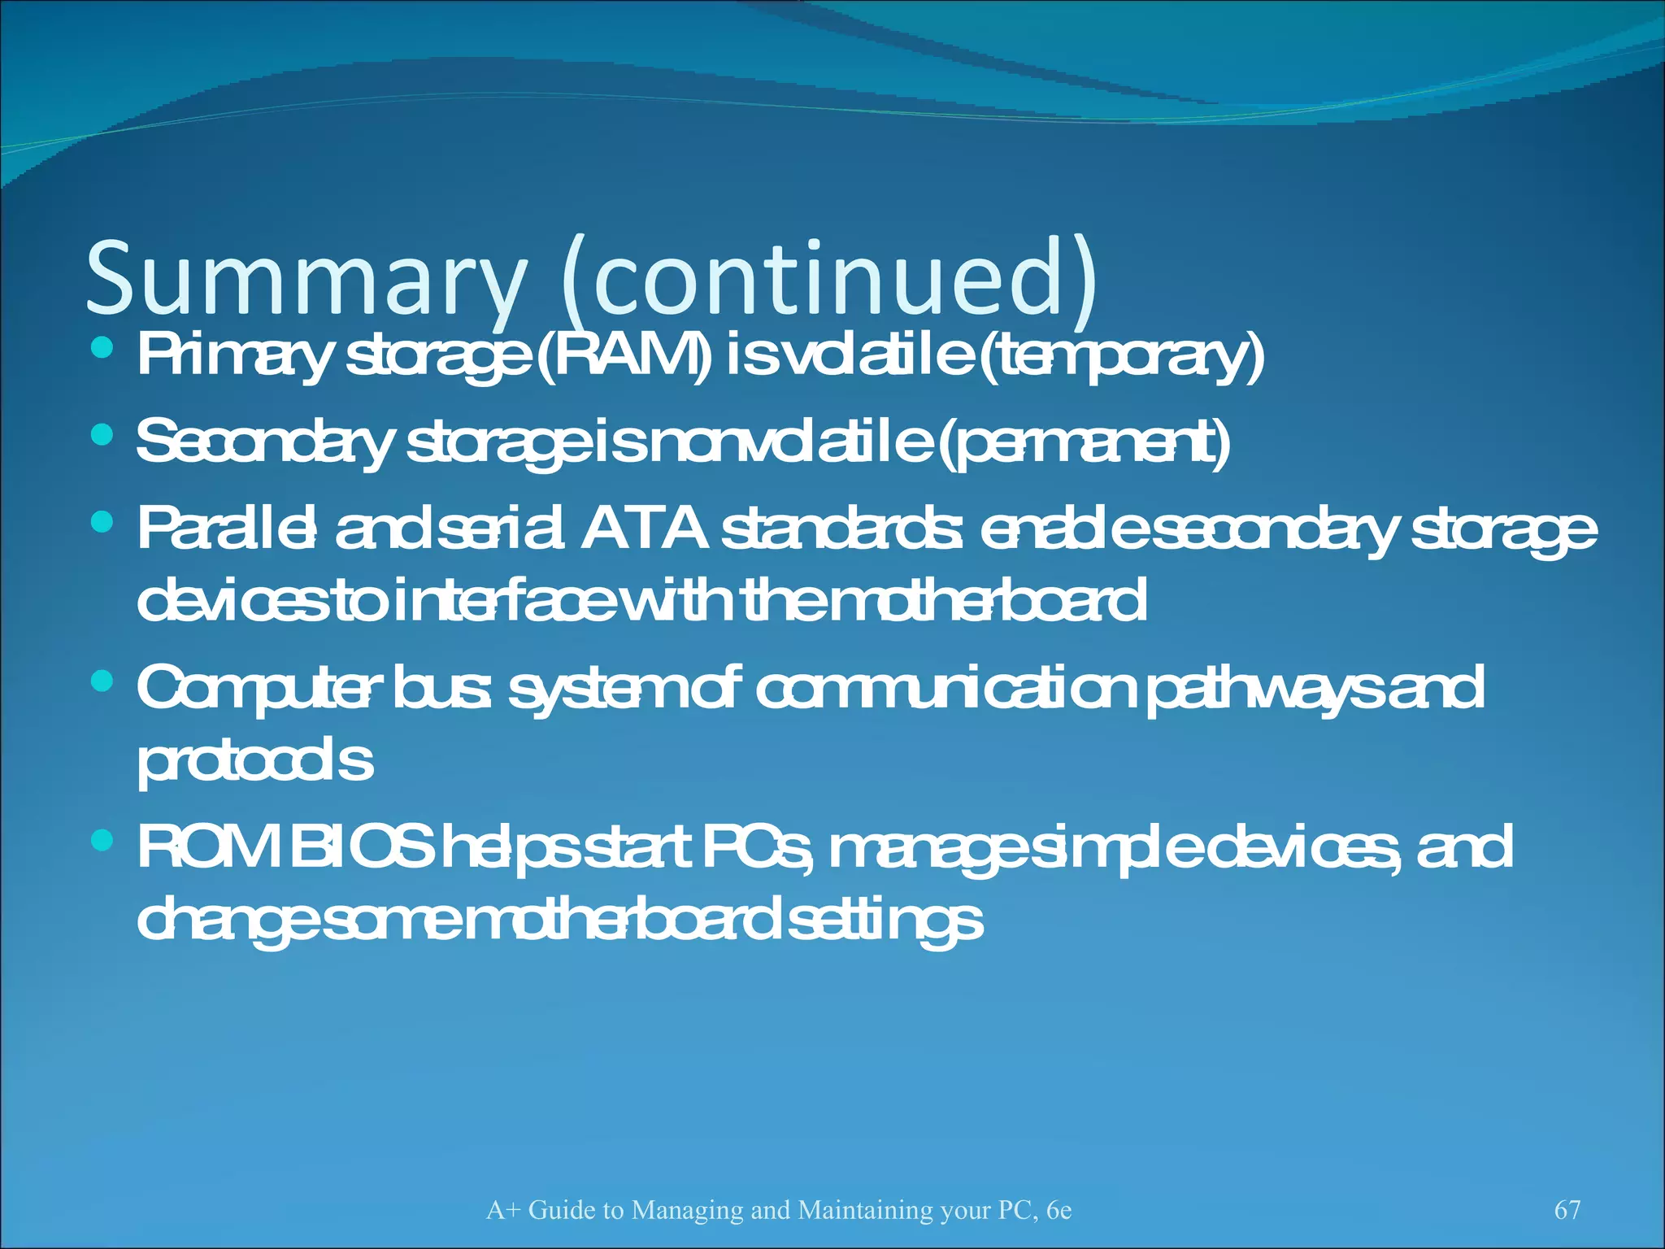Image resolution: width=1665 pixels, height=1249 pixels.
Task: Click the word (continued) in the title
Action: tap(829, 278)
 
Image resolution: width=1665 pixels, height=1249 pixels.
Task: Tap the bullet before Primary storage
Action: tap(102, 348)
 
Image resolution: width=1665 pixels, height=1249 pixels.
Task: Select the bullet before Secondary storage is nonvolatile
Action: tap(102, 436)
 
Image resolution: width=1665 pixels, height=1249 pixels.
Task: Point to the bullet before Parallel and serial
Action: tap(102, 522)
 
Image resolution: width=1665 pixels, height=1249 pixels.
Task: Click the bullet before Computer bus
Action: tap(102, 681)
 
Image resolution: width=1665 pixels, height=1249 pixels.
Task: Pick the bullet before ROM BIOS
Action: tap(102, 840)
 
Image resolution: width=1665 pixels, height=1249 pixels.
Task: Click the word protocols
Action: tap(254, 763)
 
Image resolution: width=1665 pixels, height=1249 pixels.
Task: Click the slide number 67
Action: tap(1567, 1209)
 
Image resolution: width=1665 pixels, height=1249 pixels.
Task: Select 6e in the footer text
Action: tap(1059, 1210)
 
